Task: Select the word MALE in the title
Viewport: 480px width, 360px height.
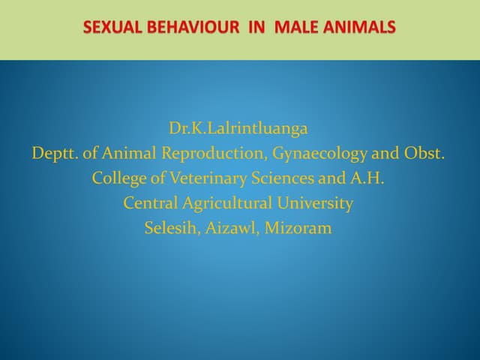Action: pyautogui.click(x=293, y=28)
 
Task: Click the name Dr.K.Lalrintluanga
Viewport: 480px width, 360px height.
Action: pyautogui.click(x=238, y=128)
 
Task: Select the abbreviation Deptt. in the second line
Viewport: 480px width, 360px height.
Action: pyautogui.click(x=54, y=154)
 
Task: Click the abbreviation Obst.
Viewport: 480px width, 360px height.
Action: pyautogui.click(x=424, y=154)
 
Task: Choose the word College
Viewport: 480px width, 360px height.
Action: pyautogui.click(x=118, y=178)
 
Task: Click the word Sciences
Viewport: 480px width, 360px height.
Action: pyautogui.click(x=278, y=178)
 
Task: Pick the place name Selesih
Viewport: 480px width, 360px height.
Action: pyautogui.click(x=169, y=228)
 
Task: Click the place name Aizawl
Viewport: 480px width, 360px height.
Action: pyautogui.click(x=231, y=228)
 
